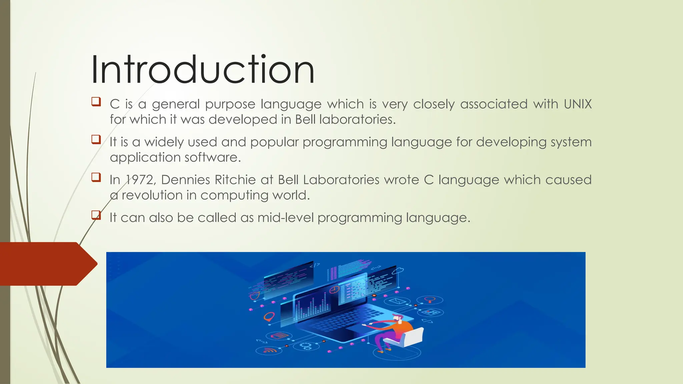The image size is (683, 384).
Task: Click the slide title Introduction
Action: point(203,70)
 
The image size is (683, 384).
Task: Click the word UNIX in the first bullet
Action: point(578,104)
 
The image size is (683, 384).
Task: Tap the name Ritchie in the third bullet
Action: point(235,180)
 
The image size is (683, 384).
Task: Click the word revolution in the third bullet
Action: point(152,195)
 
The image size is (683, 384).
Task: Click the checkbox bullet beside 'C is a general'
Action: point(96,101)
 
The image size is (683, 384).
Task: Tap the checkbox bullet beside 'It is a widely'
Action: point(96,139)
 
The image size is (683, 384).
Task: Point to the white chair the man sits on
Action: point(410,337)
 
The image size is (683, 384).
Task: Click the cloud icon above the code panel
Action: point(399,271)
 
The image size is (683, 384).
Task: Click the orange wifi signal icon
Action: point(268,350)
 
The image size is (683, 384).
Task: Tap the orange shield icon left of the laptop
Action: point(255,295)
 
